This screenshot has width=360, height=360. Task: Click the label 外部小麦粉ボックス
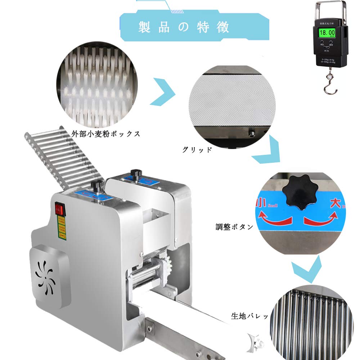105,134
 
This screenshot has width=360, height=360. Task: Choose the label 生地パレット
249,316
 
